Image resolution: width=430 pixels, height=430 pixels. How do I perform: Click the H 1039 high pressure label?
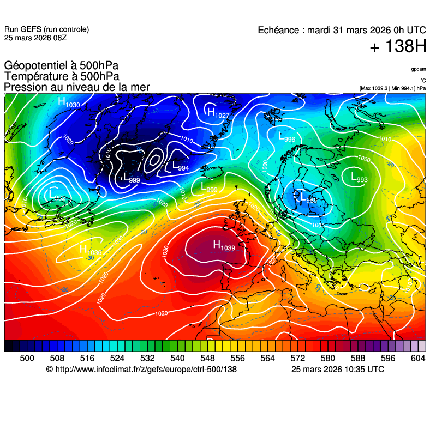[x=224, y=246]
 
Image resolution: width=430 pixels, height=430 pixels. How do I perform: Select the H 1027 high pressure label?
[x=217, y=113]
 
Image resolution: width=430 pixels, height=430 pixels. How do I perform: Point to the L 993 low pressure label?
[x=359, y=178]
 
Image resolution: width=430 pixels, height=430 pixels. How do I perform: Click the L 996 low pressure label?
[x=286, y=138]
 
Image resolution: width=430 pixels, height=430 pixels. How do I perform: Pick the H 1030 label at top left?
[x=69, y=102]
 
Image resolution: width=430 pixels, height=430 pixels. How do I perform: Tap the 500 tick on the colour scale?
[x=27, y=358]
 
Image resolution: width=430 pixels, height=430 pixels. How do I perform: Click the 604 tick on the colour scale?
[x=418, y=358]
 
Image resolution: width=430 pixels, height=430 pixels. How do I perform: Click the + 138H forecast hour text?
[x=398, y=47]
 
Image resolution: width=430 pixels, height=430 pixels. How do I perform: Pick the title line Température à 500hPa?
[x=61, y=77]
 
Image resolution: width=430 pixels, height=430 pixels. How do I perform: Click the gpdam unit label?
[x=419, y=69]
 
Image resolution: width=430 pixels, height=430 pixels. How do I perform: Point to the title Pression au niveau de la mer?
[x=76, y=87]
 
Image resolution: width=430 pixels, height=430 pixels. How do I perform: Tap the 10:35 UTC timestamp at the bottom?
[x=361, y=370]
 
